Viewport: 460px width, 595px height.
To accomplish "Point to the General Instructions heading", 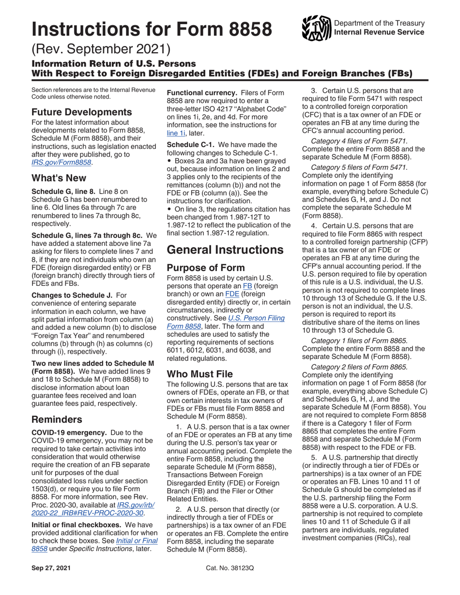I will coord(225,250).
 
